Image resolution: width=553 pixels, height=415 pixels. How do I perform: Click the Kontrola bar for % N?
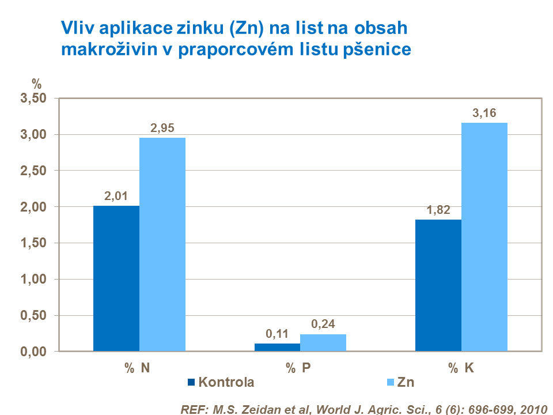(x=116, y=278)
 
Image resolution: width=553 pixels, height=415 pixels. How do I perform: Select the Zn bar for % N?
(x=162, y=244)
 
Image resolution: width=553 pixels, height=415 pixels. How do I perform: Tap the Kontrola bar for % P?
(x=277, y=347)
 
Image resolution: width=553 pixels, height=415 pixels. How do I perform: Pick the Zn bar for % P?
(x=323, y=342)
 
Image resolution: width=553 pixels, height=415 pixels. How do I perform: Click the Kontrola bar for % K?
(x=438, y=285)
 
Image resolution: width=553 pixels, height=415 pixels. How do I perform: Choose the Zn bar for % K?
(x=484, y=237)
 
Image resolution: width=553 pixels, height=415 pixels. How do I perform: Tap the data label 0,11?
(x=277, y=334)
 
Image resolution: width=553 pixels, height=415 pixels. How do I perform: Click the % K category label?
(x=461, y=368)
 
